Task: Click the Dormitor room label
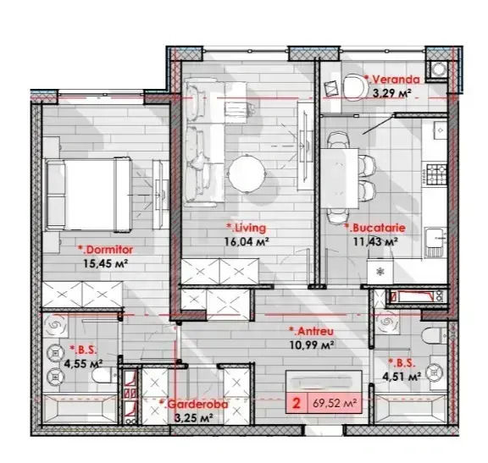(x=106, y=250)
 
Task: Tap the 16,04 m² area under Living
(x=247, y=241)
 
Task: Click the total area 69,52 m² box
(x=324, y=404)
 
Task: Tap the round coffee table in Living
(x=247, y=174)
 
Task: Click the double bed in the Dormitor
(x=88, y=195)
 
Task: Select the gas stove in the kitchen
(x=436, y=174)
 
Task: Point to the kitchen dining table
(x=340, y=178)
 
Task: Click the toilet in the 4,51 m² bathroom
(x=435, y=335)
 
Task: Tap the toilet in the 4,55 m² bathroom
(x=104, y=376)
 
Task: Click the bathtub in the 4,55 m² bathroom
(x=80, y=409)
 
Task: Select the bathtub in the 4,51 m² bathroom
(x=411, y=409)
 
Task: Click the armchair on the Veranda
(x=356, y=87)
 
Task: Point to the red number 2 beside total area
(x=297, y=403)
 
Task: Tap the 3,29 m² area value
(x=392, y=92)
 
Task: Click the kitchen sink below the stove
(x=435, y=243)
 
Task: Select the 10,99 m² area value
(x=312, y=344)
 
